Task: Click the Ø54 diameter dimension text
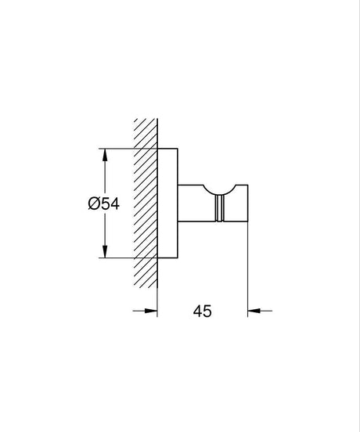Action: [x=103, y=203]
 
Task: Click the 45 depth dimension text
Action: [x=203, y=311]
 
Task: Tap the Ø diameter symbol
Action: [x=93, y=203]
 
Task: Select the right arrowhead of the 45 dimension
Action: [x=254, y=311]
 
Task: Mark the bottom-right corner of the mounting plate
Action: [x=179, y=257]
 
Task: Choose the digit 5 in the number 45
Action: [x=207, y=311]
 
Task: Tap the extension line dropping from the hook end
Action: [x=248, y=266]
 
